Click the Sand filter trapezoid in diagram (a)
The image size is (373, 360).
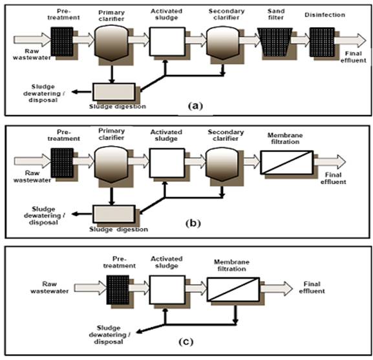point(275,42)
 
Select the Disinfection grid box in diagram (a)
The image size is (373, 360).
point(322,42)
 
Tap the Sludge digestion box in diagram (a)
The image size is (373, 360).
point(114,92)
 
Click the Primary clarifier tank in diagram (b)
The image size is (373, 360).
point(111,164)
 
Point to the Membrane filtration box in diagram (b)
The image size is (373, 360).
point(286,162)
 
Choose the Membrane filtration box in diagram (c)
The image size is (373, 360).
point(233,289)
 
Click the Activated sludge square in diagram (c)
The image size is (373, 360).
point(167,290)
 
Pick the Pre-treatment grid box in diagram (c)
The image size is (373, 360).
point(118,290)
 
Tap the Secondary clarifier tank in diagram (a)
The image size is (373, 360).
point(222,43)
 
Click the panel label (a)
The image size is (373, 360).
point(195,106)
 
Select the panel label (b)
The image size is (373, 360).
point(193,224)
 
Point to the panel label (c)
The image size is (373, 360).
point(186,342)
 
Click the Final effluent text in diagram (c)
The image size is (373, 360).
point(312,288)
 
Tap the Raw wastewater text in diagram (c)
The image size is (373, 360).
point(50,288)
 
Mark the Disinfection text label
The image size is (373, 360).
point(325,15)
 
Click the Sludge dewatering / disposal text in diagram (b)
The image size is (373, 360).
point(44,216)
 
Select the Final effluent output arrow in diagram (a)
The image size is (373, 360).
point(350,41)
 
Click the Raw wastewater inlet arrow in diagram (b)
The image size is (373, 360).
point(32,161)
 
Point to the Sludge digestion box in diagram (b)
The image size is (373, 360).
point(114,214)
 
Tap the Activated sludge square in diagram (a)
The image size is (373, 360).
point(167,41)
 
